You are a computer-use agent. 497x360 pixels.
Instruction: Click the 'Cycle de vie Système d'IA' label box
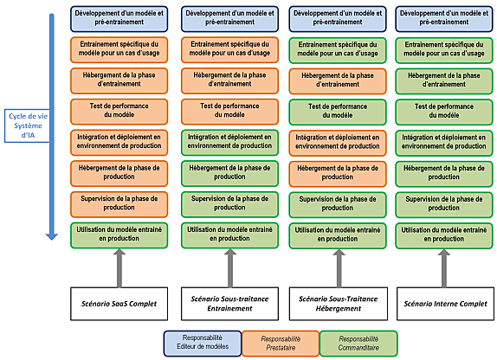pyautogui.click(x=27, y=125)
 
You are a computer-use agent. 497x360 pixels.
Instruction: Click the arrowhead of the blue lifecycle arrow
pyautogui.click(x=51, y=236)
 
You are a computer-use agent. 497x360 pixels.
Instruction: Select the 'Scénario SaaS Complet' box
pyautogui.click(x=119, y=304)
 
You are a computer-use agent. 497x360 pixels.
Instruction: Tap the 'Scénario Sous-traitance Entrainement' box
pyautogui.click(x=229, y=304)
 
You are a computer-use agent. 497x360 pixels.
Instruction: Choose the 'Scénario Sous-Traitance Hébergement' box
pyautogui.click(x=339, y=304)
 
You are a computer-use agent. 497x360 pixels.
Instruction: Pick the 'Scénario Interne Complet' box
pyautogui.click(x=445, y=304)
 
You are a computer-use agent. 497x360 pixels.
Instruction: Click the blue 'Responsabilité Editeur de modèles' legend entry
pyautogui.click(x=203, y=344)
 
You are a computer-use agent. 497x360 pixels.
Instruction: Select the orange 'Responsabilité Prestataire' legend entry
pyautogui.click(x=281, y=344)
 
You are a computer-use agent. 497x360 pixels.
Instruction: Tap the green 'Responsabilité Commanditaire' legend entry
pyautogui.click(x=358, y=344)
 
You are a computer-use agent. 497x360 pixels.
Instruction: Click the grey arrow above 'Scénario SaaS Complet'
pyautogui.click(x=119, y=268)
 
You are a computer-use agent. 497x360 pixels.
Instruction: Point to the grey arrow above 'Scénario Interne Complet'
pyautogui.click(x=444, y=268)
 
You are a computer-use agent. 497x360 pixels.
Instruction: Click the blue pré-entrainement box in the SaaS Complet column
pyautogui.click(x=119, y=19)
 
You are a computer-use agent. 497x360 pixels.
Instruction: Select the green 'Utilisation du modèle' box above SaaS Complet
pyautogui.click(x=119, y=235)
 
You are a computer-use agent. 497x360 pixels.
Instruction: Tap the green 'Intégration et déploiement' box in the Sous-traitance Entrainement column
pyautogui.click(x=229, y=142)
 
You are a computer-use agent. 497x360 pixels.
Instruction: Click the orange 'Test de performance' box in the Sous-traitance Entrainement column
pyautogui.click(x=229, y=112)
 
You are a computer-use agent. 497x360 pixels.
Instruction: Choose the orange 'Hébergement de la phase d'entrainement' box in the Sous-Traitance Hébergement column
pyautogui.click(x=338, y=81)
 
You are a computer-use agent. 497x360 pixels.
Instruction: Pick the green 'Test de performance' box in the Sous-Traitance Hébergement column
pyautogui.click(x=338, y=112)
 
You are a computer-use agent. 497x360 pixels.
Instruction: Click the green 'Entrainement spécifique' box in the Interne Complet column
pyautogui.click(x=444, y=50)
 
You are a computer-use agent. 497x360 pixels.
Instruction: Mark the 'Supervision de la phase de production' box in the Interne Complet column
pyautogui.click(x=444, y=205)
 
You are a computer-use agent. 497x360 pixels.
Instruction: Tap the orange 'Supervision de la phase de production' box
pyautogui.click(x=119, y=204)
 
